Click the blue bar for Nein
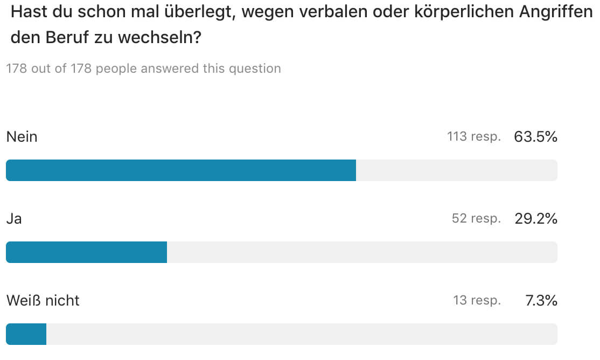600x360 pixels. point(180,170)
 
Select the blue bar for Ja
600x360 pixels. point(86,252)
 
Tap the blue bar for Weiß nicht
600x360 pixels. point(26,334)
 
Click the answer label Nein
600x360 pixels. point(22,137)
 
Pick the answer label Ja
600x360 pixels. point(14,219)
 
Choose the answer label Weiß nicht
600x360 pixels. point(43,301)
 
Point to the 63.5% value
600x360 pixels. point(535,137)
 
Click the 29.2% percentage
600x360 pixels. point(535,219)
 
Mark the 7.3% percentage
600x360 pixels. point(541,301)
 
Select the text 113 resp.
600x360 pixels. point(473,137)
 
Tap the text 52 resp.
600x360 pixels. point(476,219)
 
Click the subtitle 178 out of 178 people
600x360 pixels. point(143,69)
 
